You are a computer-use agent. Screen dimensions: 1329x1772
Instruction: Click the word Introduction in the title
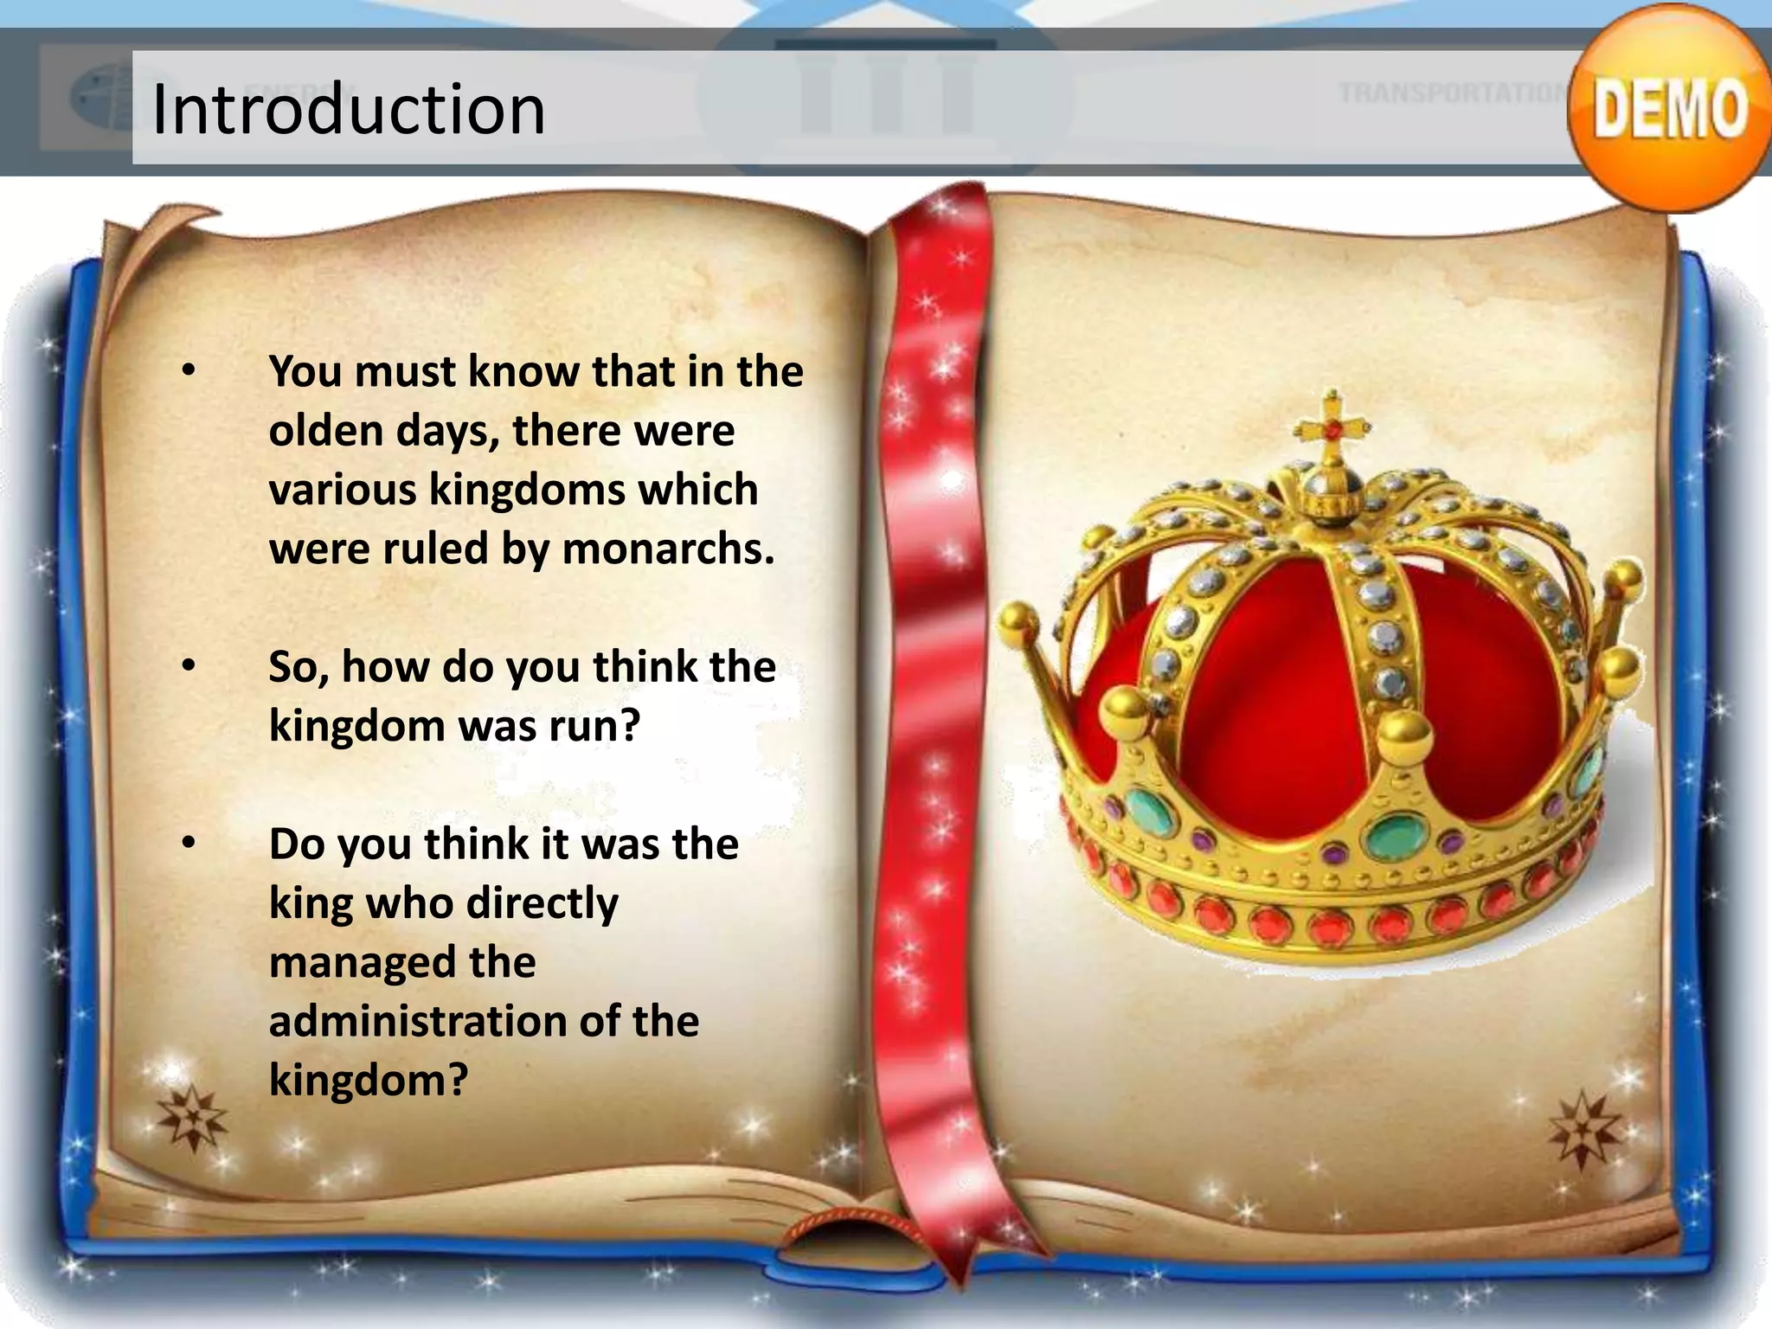tap(348, 109)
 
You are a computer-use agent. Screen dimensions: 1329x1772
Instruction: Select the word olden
tap(324, 430)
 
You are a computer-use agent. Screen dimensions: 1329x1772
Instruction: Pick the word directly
tap(543, 904)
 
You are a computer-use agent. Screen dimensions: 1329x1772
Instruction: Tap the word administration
tap(416, 1021)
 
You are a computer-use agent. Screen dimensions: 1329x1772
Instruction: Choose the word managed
tap(361, 962)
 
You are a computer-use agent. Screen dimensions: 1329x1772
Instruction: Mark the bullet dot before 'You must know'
tap(189, 370)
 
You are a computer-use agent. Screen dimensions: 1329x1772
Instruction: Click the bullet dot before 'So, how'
tap(189, 666)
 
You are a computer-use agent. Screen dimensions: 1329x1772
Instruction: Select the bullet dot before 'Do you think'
tap(189, 843)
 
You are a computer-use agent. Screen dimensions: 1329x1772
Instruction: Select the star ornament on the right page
tap(1583, 1130)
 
